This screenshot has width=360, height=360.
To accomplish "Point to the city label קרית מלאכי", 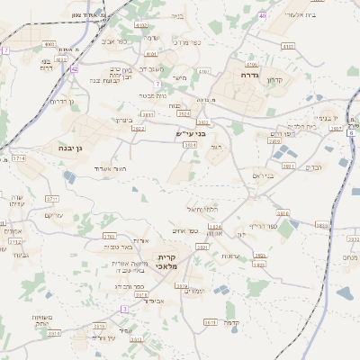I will [x=167, y=259].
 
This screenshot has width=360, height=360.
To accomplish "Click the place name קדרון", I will [x=274, y=82].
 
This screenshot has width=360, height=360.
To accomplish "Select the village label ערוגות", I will [x=230, y=257].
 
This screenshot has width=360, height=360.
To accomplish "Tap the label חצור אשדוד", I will [x=111, y=168].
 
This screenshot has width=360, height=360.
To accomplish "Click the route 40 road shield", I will [x=262, y=16].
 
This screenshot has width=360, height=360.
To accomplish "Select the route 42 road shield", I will [x=75, y=68].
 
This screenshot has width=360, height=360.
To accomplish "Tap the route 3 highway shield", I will [x=124, y=309].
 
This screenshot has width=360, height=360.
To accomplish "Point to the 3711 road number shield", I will [x=51, y=199].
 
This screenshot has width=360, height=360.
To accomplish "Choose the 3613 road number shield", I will [x=211, y=321].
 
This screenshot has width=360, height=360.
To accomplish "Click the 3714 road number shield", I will [x=20, y=158].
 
